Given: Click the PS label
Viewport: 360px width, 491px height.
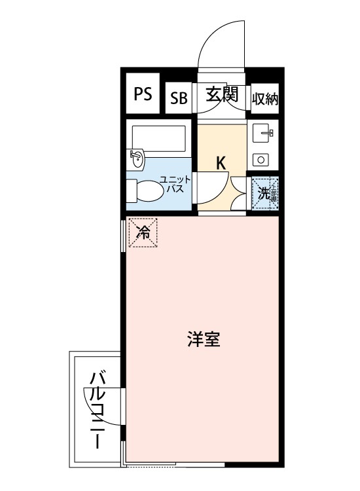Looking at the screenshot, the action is [x=143, y=94].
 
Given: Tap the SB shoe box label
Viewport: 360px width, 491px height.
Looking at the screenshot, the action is [x=179, y=98].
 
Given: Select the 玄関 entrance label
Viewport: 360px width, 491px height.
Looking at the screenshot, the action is [x=222, y=94].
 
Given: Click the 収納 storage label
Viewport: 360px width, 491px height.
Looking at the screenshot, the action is [x=265, y=100].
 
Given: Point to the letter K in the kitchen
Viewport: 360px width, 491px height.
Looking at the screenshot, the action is [x=221, y=163].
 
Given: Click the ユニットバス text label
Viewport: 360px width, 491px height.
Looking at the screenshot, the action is [x=175, y=184].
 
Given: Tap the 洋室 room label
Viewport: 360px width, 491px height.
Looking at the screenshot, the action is [x=204, y=339].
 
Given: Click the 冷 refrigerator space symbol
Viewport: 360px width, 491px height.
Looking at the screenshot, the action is [x=143, y=233].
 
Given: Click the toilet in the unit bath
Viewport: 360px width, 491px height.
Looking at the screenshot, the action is [x=145, y=191].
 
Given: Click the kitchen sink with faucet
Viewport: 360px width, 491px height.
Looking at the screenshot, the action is [x=262, y=133].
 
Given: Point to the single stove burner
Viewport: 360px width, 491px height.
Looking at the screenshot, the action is [x=261, y=160].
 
